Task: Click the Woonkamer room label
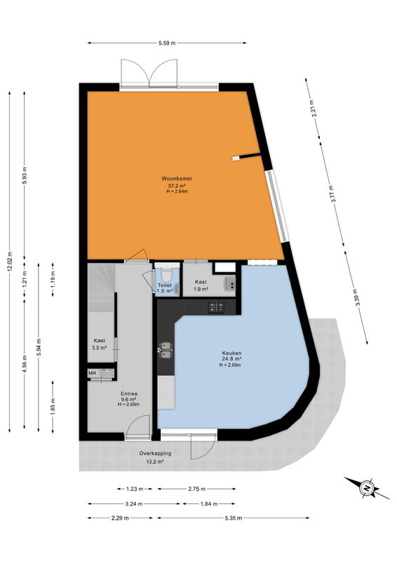(x=177, y=178)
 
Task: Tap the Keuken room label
(x=231, y=353)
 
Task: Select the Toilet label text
(x=165, y=285)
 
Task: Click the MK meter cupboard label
(x=93, y=373)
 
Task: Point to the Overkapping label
(x=156, y=453)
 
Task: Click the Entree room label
(x=129, y=394)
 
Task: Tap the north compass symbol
(x=367, y=487)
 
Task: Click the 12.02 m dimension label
(x=10, y=262)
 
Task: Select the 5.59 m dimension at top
(x=167, y=43)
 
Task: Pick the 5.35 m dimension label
(x=234, y=518)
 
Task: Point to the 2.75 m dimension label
(x=196, y=489)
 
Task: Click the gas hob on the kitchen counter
(x=217, y=306)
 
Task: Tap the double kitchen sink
(x=166, y=350)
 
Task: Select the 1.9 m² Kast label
(x=201, y=285)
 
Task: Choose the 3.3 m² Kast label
(x=99, y=344)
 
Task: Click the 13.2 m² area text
(x=156, y=461)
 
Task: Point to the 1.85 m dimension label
(x=53, y=407)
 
